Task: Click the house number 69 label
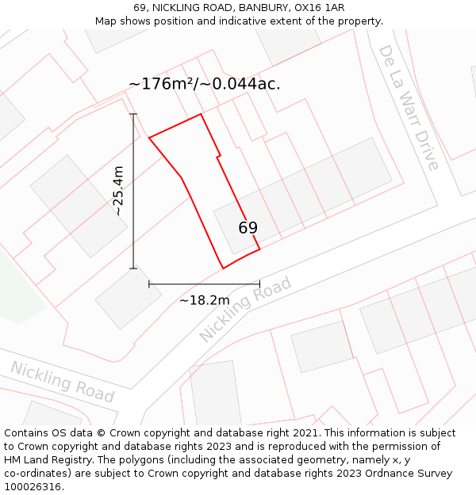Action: click(248, 228)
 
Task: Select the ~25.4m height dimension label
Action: click(118, 191)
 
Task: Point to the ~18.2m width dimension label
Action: click(204, 300)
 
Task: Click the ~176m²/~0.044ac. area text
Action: click(205, 84)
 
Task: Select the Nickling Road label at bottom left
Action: click(62, 381)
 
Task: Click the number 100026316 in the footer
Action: click(33, 486)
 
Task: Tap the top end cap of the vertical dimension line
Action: click(133, 114)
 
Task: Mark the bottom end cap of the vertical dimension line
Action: click(133, 268)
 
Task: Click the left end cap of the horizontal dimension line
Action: click(149, 284)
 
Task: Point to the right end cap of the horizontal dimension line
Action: click(259, 284)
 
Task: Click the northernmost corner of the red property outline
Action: click(201, 114)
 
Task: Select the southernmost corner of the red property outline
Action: click(223, 268)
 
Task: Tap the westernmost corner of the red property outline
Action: click(149, 138)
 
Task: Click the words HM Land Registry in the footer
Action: click(48, 459)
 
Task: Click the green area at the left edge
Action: click(16, 293)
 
